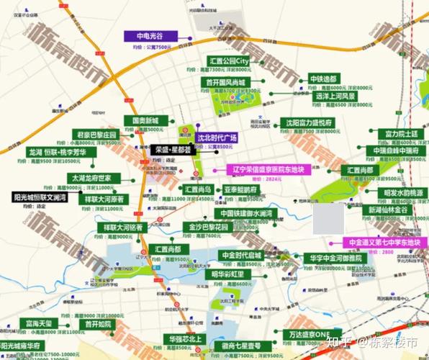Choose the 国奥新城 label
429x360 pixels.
tap(145, 120)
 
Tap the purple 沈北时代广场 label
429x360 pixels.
tap(217, 137)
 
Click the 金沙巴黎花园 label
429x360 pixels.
tap(209, 226)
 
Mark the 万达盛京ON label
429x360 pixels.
tap(311, 334)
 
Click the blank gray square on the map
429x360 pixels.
tap(328, 217)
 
